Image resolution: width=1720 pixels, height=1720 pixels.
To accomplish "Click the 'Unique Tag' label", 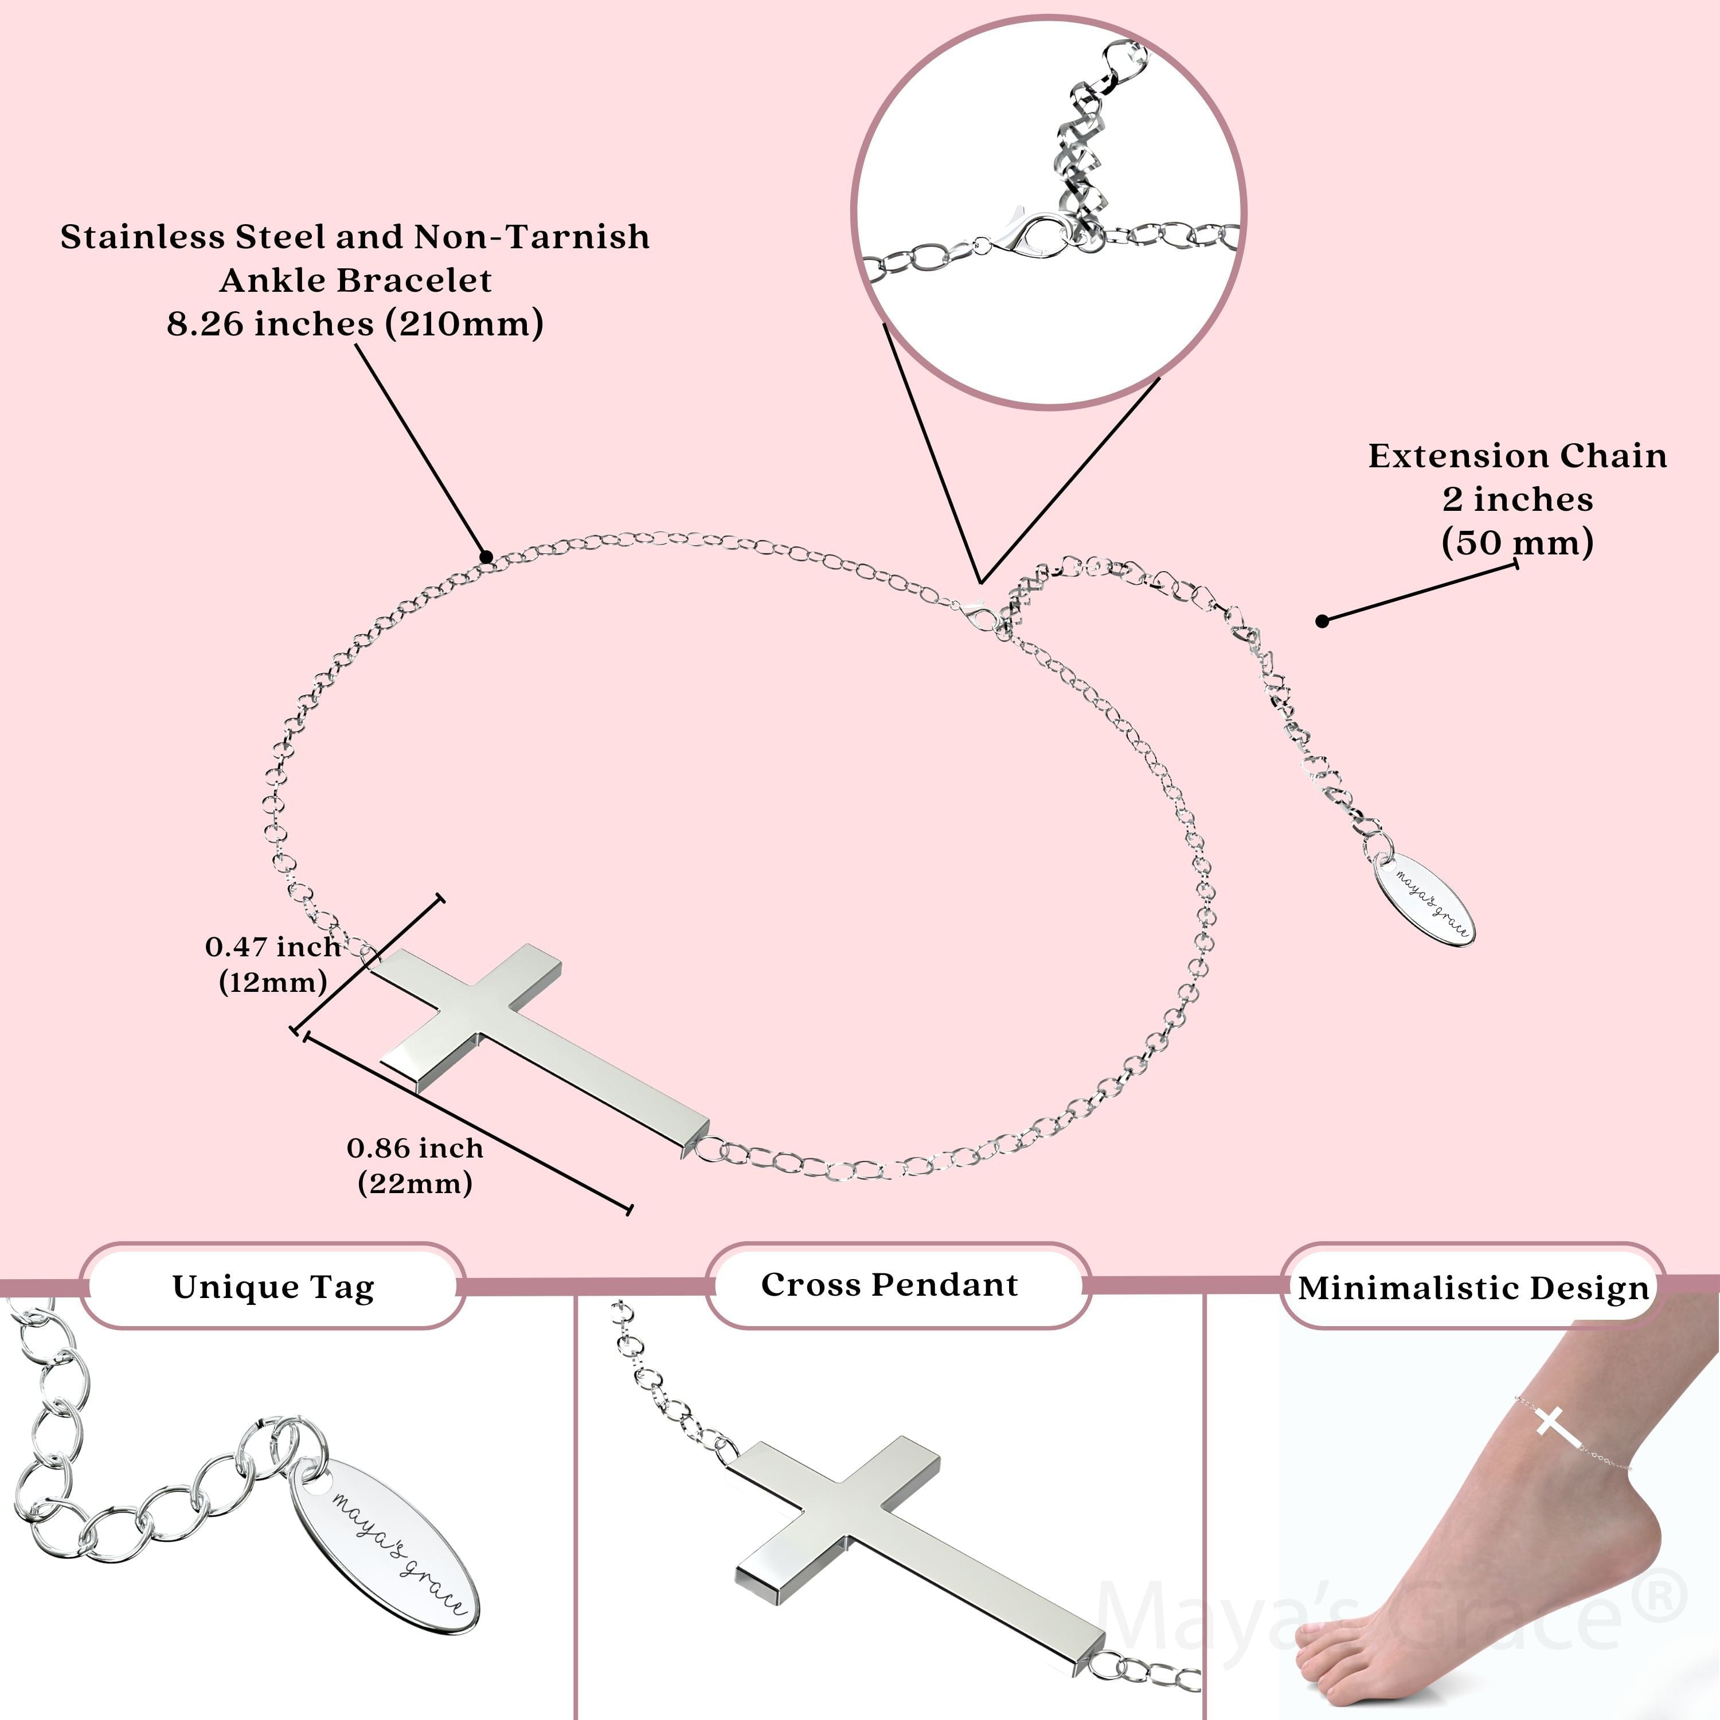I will coord(273,1287).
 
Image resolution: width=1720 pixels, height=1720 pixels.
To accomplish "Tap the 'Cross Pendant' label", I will coord(889,1285).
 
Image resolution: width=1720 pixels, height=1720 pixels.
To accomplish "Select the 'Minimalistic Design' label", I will coord(1473,1288).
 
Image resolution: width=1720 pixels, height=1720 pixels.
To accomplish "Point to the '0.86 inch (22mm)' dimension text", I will coord(415,1166).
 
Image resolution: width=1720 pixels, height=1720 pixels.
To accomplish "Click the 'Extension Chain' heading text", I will coord(1517,456).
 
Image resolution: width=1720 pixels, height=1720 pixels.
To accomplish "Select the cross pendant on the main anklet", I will coord(534,1042).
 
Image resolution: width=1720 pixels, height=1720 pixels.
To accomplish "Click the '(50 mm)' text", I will coord(1517,542).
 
